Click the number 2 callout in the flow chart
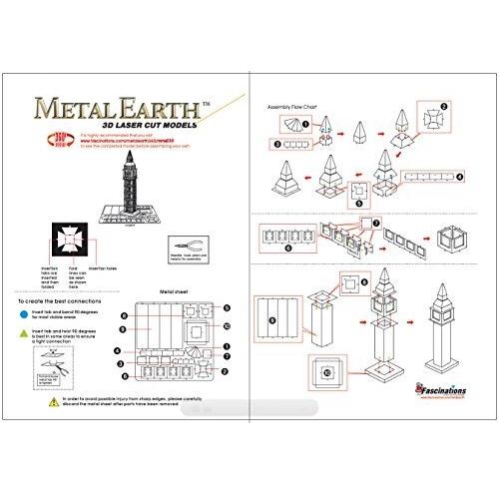coord(445,104)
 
